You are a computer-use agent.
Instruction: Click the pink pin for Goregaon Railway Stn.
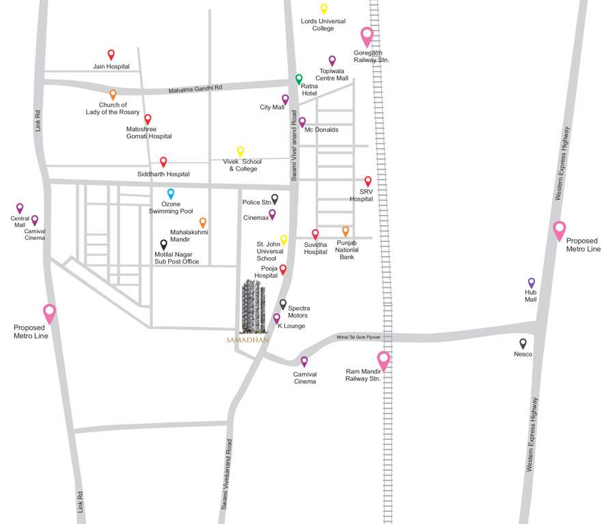(367, 35)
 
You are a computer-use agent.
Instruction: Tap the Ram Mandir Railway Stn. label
(363, 375)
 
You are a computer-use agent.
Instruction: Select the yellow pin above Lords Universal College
(324, 9)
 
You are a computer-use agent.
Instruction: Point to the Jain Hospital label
(111, 67)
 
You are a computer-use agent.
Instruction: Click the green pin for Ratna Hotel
(299, 79)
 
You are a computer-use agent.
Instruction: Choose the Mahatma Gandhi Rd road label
(195, 89)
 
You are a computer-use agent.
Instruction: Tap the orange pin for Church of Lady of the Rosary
(113, 95)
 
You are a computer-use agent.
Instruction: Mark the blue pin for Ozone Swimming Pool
(171, 194)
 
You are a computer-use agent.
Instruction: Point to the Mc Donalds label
(321, 130)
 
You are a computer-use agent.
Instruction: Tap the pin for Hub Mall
(531, 282)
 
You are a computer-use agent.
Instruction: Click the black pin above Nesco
(523, 343)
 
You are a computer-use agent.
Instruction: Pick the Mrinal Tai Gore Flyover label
(359, 337)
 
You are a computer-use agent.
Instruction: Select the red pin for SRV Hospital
(368, 181)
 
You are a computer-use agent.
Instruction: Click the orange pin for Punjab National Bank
(346, 231)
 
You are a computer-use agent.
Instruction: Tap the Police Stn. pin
(275, 199)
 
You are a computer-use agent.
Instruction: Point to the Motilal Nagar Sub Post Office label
(176, 257)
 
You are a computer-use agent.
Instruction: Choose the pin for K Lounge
(277, 318)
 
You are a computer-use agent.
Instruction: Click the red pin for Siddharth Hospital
(163, 162)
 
